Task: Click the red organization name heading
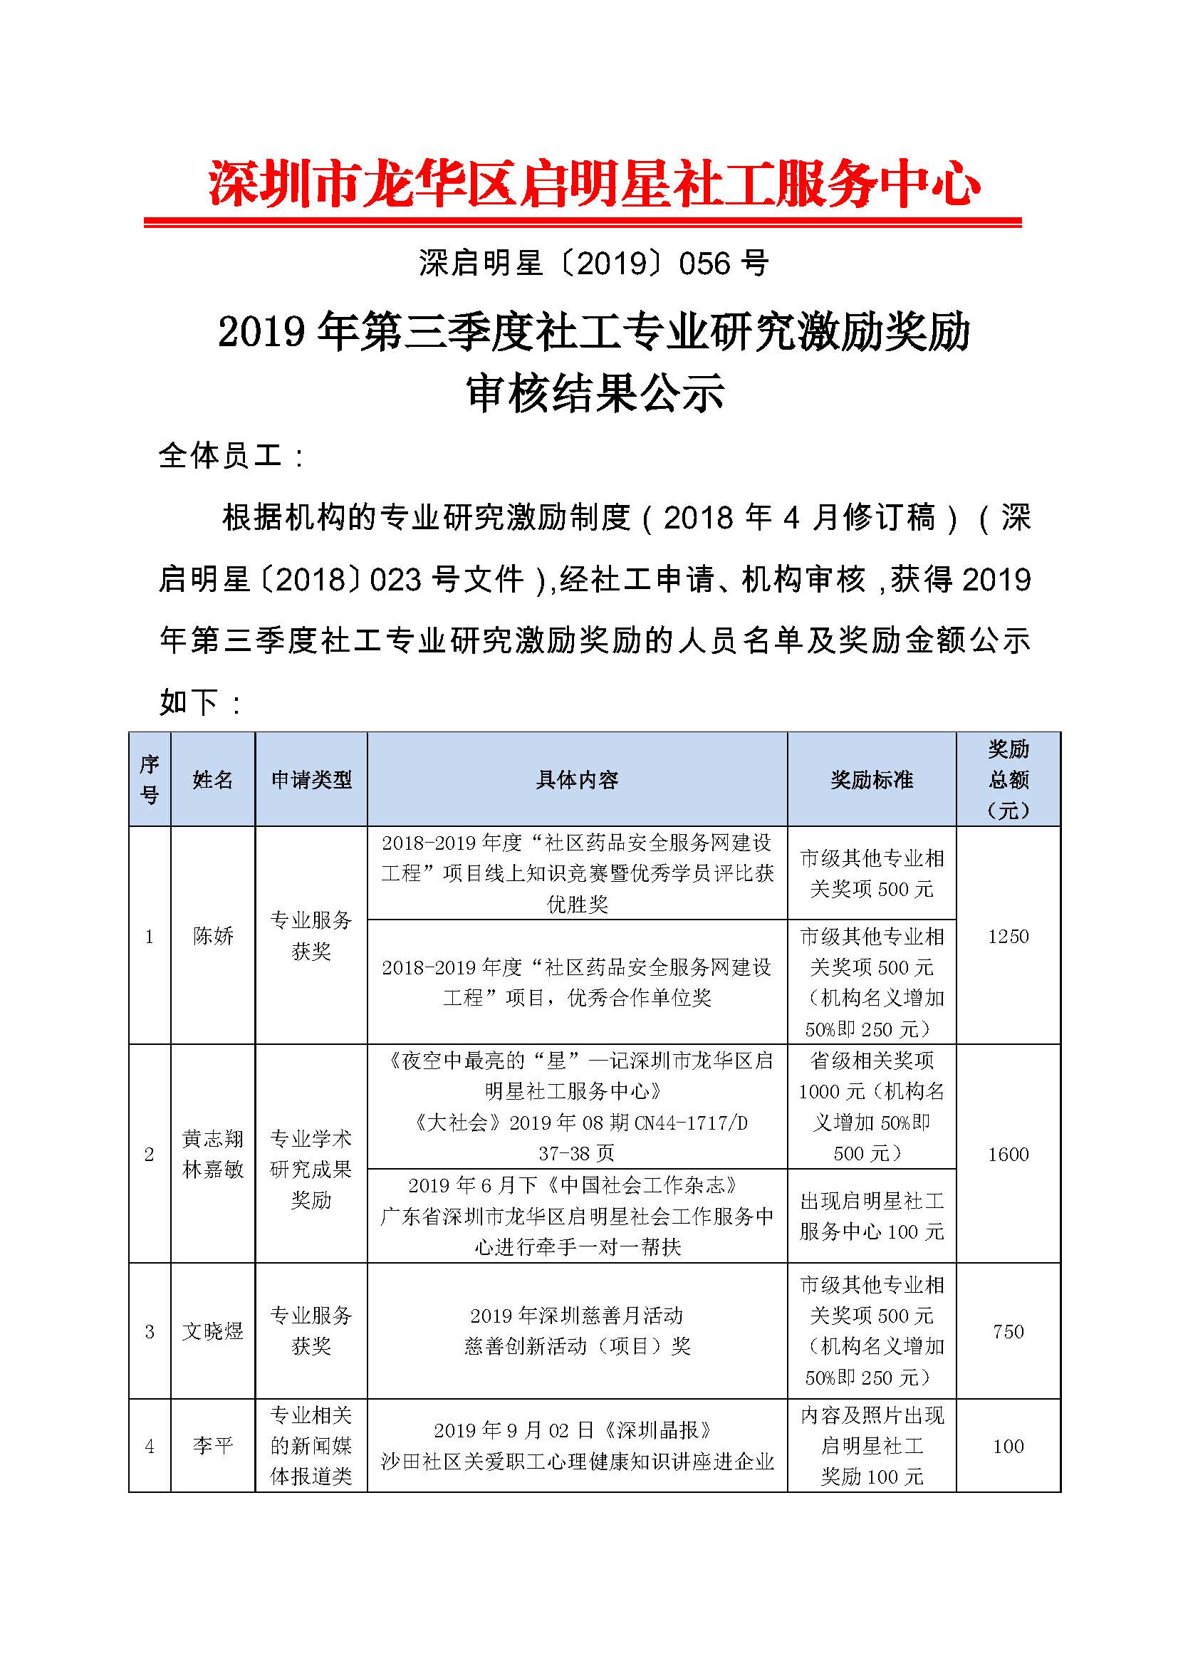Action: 593,183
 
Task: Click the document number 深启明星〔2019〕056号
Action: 593,264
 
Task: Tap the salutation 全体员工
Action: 221,456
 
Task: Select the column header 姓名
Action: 212,780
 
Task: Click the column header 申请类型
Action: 311,780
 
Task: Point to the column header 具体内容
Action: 577,780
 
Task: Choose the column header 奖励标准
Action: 871,780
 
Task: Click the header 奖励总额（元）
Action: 1008,780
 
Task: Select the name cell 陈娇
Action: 212,936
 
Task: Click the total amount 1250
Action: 1008,936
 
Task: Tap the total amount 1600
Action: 1008,1154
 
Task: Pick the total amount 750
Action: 1008,1331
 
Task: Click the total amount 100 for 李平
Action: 1008,1446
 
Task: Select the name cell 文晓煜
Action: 212,1331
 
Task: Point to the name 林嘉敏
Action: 212,1170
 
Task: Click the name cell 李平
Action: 212,1446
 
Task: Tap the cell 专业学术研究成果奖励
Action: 311,1169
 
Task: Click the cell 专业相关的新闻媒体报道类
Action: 311,1445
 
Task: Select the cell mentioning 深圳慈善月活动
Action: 577,1331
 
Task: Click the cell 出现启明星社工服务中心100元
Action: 871,1216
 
